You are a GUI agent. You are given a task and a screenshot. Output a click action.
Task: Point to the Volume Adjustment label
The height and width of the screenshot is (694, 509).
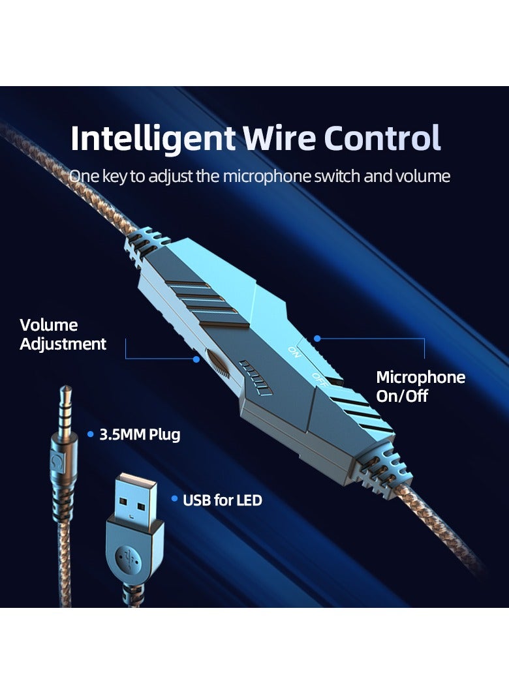tap(63, 334)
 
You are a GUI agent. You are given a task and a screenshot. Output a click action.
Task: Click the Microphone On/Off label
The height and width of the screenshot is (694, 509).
tap(420, 386)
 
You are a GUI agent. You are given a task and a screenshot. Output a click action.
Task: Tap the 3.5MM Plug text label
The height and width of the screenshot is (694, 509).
tap(139, 434)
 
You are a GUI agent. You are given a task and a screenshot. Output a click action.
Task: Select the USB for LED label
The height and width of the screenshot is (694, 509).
tap(222, 500)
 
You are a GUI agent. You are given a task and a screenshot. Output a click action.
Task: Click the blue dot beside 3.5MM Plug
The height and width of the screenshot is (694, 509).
tap(90, 434)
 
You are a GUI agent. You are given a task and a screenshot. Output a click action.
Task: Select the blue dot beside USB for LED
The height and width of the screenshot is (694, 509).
tap(174, 499)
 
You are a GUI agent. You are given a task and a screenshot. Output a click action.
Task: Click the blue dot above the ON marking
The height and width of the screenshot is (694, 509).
tap(317, 339)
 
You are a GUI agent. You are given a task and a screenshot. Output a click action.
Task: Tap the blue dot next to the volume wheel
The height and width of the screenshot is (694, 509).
tap(195, 358)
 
